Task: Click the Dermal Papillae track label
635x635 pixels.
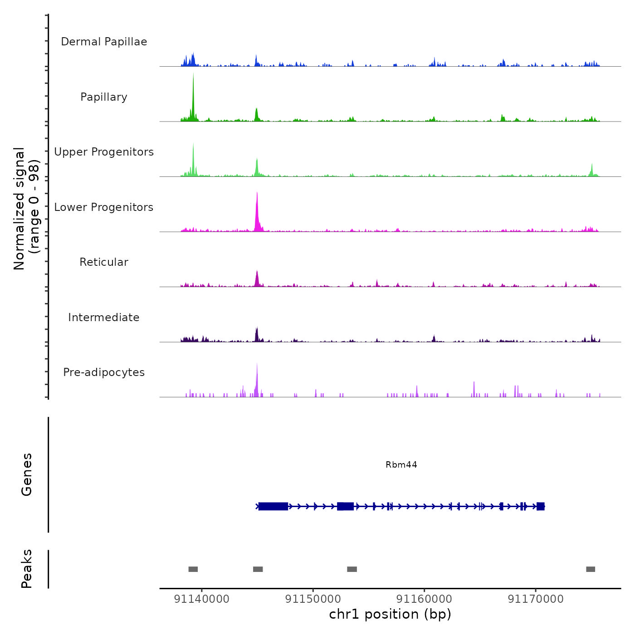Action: (104, 42)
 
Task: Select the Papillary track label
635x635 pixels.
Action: (104, 97)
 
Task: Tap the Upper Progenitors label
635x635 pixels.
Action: (104, 152)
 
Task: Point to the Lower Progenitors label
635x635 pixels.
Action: (104, 207)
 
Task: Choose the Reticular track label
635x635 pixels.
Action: (104, 262)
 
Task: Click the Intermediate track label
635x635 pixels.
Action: (104, 317)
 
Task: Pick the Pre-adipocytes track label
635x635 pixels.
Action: (104, 372)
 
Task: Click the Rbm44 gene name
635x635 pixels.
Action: (401, 464)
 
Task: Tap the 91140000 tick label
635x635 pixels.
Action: (201, 599)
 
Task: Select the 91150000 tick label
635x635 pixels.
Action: (313, 599)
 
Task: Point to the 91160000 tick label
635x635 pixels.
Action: (424, 599)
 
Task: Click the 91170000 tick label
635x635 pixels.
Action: (536, 599)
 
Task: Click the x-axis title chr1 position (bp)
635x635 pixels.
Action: (390, 614)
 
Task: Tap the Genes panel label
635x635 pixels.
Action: (26, 474)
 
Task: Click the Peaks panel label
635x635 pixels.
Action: (26, 569)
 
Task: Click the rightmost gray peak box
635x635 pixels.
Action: (590, 569)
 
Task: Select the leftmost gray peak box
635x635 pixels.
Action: (193, 569)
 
